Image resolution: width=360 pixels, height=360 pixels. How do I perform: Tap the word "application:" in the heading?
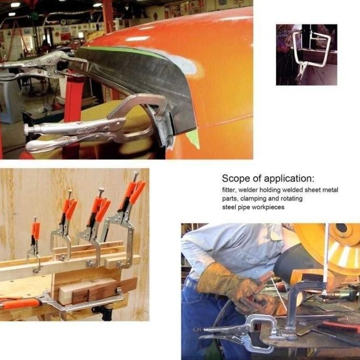[x=289, y=178]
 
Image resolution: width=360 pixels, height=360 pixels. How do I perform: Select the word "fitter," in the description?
[x=229, y=190]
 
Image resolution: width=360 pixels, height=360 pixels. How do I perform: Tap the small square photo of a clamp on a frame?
[x=306, y=55]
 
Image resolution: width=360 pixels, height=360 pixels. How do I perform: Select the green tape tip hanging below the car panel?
[x=193, y=140]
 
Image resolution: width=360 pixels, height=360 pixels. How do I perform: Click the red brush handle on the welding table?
[x=340, y=326]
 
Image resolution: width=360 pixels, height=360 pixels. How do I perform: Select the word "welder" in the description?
[x=248, y=190]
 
